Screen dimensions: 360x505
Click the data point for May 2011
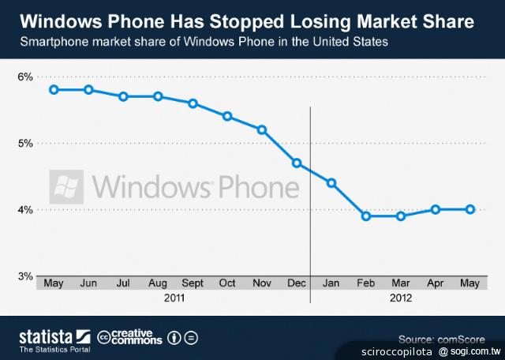(x=54, y=90)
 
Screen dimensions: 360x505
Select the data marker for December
(x=297, y=163)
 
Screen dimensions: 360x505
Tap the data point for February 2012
(x=366, y=216)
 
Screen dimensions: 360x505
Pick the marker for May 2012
(x=470, y=209)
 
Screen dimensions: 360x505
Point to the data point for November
(x=262, y=129)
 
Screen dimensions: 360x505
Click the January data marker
(x=331, y=183)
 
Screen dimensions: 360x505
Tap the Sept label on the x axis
(x=193, y=283)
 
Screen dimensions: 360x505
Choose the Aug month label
(x=158, y=283)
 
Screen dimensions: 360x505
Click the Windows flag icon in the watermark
(x=68, y=187)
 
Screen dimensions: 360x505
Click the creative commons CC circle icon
(x=104, y=338)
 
